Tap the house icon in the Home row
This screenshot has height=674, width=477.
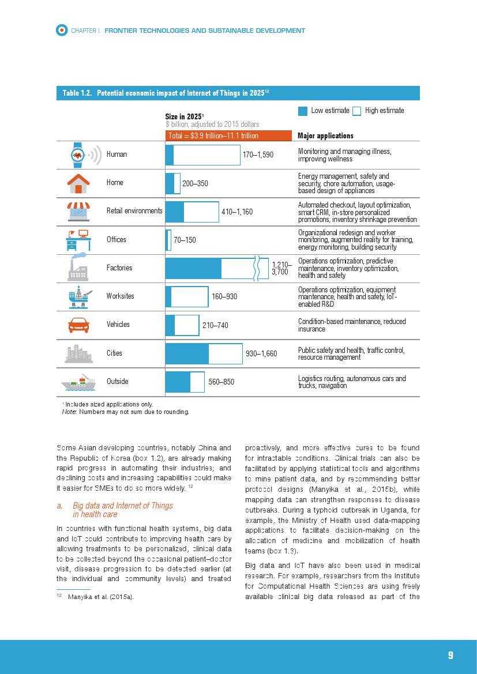[x=78, y=183]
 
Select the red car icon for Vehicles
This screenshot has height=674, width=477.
[x=78, y=325]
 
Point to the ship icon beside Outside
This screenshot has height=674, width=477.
[x=78, y=382]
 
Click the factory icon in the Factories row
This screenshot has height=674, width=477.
[x=78, y=268]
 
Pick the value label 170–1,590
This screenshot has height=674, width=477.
[x=258, y=155]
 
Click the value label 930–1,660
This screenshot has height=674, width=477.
[x=261, y=353]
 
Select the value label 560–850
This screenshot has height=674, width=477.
[x=221, y=382]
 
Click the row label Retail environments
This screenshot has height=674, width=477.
[x=134, y=211]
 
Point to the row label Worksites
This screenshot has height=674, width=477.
[x=120, y=296]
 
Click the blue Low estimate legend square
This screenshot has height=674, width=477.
[x=303, y=111]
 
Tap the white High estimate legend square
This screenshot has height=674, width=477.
[x=356, y=111]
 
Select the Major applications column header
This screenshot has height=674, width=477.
[x=325, y=136]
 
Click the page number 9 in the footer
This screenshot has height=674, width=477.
[x=450, y=655]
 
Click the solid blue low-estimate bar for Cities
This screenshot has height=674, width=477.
[x=187, y=353]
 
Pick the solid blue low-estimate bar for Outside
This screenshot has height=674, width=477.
[x=178, y=382]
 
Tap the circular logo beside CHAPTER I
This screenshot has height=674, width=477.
[x=62, y=30]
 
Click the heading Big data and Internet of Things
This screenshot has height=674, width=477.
[x=123, y=506]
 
